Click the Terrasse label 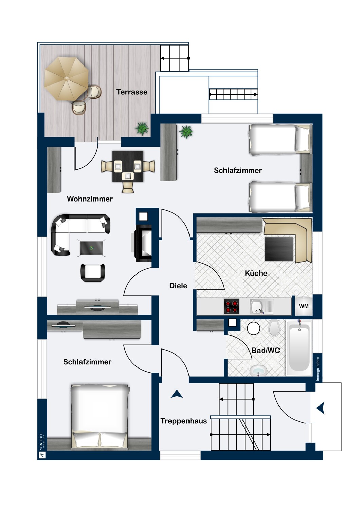pos(132,92)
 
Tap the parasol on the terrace pos(67,79)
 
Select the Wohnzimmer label pos(90,199)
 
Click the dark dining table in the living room pos(128,166)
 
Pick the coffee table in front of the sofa pos(91,248)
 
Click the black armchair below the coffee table pos(93,273)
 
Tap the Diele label pos(178,286)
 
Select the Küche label pos(256,273)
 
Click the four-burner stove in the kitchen pos(232,306)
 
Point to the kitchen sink pos(262,306)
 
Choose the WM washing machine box pos(304,306)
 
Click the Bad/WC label pos(266,351)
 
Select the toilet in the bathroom pos(274,328)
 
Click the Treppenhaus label pos(184,421)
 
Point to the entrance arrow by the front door pos(321,408)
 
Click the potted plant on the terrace pos(142,129)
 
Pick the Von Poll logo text pos(41,441)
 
